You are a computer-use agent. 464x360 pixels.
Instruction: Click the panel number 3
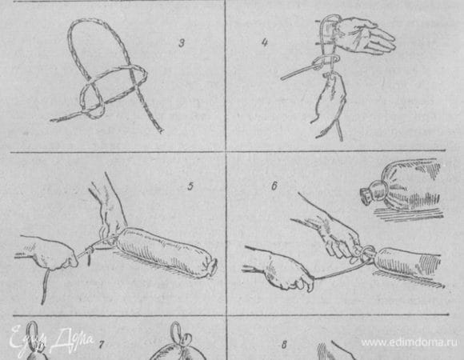point(182,43)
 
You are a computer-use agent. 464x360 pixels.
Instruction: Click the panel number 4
point(265,42)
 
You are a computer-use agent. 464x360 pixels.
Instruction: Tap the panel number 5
point(190,186)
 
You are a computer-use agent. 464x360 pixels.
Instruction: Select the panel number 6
point(274,186)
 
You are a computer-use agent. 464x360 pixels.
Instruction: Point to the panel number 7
point(102,345)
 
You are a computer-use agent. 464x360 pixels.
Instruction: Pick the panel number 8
point(284,345)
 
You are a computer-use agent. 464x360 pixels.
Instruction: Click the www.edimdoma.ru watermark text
point(410,342)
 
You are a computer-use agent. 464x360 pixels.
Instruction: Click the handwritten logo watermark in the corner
point(50,340)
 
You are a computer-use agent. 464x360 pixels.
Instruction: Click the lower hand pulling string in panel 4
point(330,102)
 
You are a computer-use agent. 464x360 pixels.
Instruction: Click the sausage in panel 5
point(166,251)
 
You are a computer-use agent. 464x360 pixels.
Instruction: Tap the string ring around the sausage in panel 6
point(367,254)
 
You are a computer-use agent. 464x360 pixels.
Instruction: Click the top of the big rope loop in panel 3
point(89,22)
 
